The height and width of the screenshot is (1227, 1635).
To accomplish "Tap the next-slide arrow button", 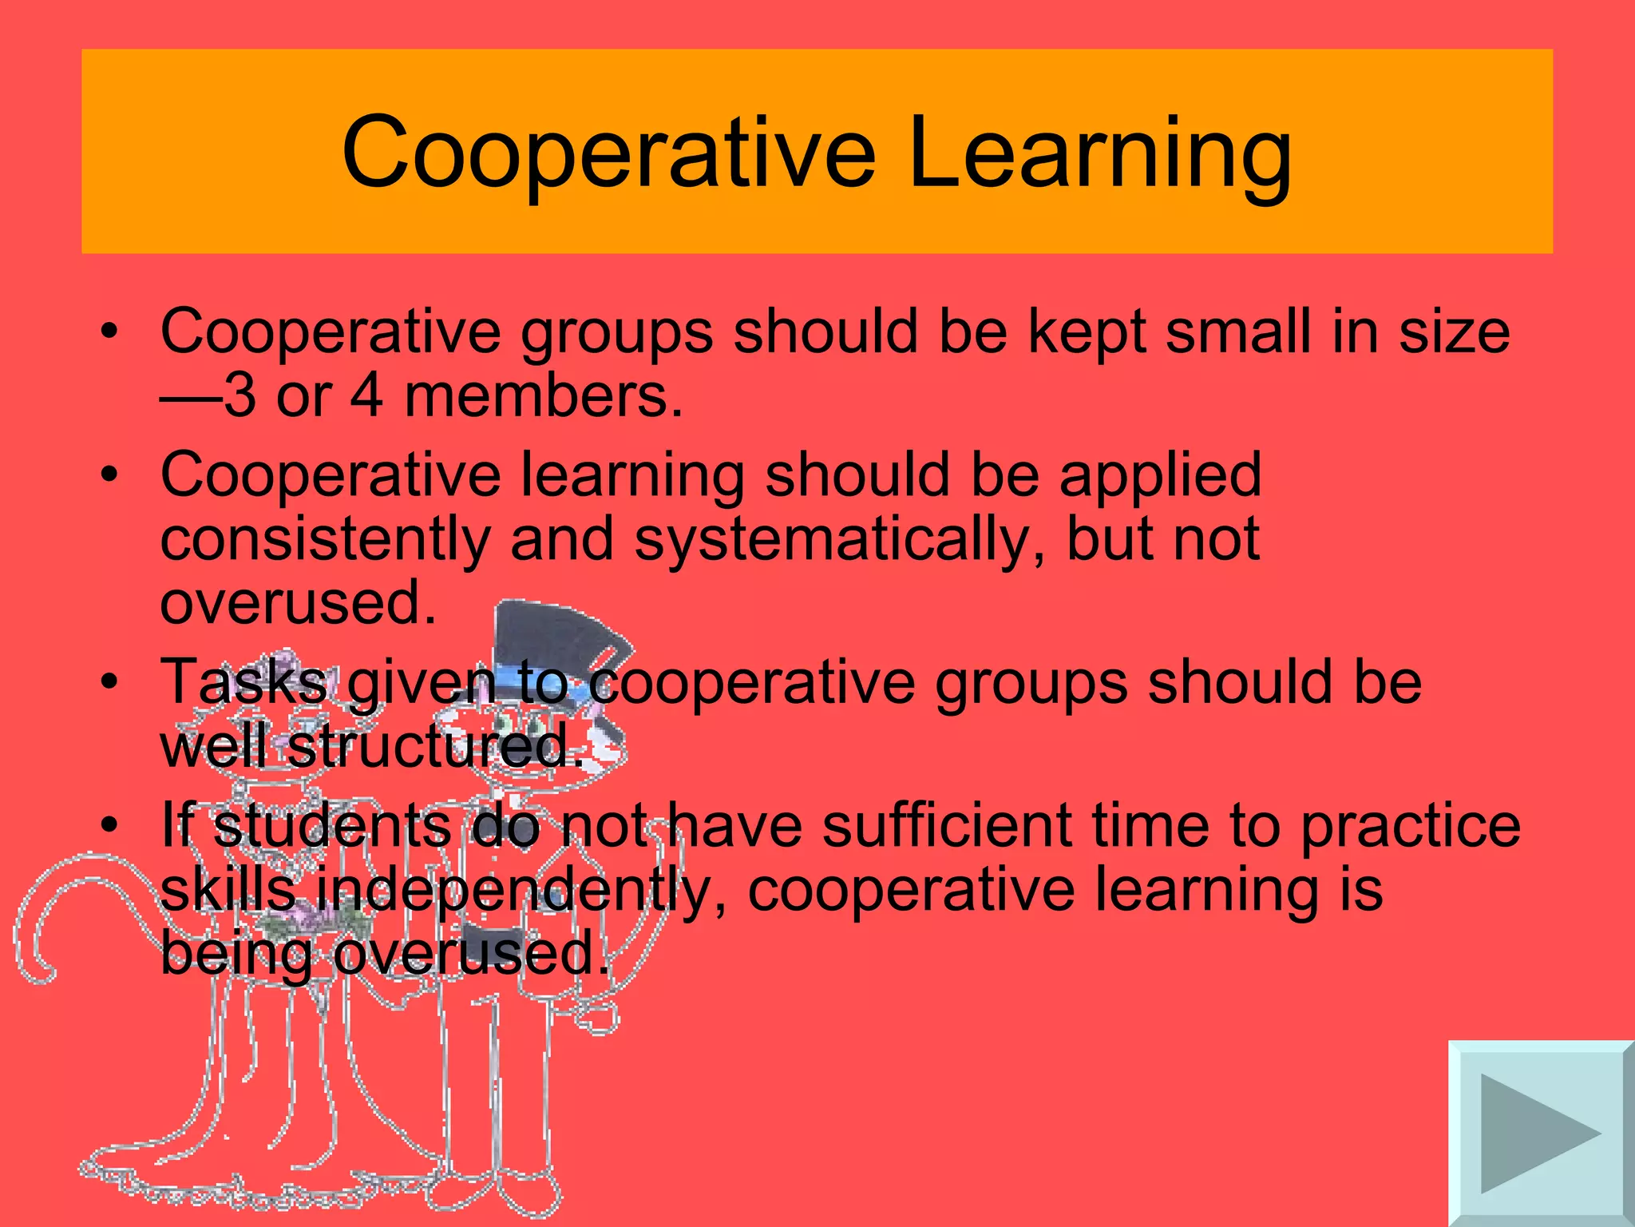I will tap(1540, 1133).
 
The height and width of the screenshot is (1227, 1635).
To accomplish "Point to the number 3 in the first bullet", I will tap(239, 395).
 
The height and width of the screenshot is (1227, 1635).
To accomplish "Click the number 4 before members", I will tap(366, 395).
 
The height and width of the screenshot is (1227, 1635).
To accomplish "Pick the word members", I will tap(543, 395).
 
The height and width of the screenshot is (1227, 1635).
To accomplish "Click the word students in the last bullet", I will tap(332, 826).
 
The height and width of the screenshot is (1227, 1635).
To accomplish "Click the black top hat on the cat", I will tap(551, 639).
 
